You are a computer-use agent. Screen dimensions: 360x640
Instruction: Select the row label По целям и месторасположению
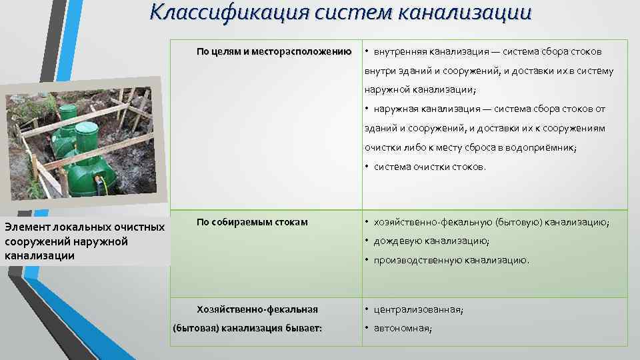tap(274, 52)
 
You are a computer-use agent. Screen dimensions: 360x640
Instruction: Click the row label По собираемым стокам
tap(252, 222)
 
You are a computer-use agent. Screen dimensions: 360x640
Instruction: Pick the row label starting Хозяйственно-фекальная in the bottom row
tap(257, 309)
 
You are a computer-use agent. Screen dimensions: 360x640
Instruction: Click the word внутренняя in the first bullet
tap(398, 52)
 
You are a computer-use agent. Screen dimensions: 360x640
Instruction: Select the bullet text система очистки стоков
tap(429, 167)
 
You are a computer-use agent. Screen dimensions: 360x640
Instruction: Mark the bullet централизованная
tap(418, 309)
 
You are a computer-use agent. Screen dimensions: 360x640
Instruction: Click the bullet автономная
tap(402, 328)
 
